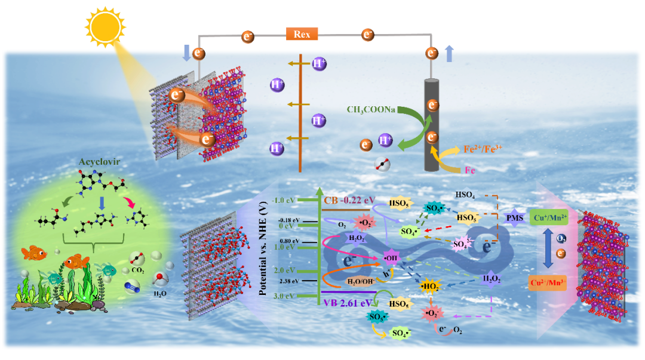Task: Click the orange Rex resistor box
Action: click(x=302, y=34)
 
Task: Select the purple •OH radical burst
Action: click(x=392, y=259)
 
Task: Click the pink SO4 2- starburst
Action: click(x=461, y=244)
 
